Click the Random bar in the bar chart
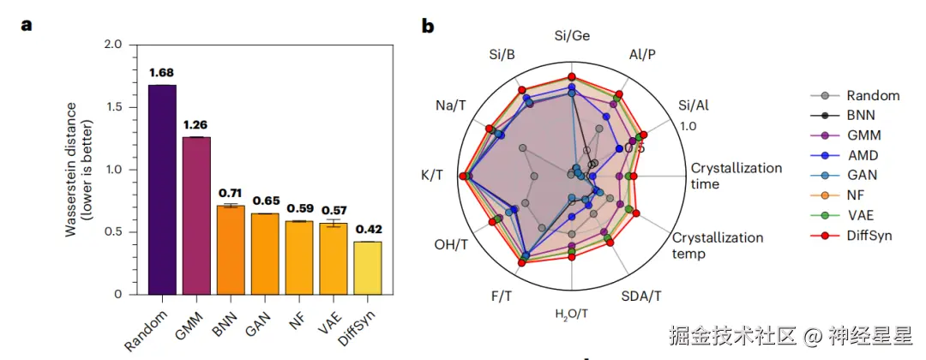click(162, 189)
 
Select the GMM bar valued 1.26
click(196, 215)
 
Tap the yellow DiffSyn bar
click(367, 267)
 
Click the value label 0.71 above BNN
click(230, 194)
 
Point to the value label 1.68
click(162, 72)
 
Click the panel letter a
click(27, 25)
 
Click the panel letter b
click(427, 26)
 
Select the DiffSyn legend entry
click(869, 234)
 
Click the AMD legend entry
click(862, 155)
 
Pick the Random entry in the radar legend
click(872, 96)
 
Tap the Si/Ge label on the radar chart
click(572, 36)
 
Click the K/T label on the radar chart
click(431, 175)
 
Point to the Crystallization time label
click(736, 176)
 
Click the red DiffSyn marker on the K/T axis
click(463, 177)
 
